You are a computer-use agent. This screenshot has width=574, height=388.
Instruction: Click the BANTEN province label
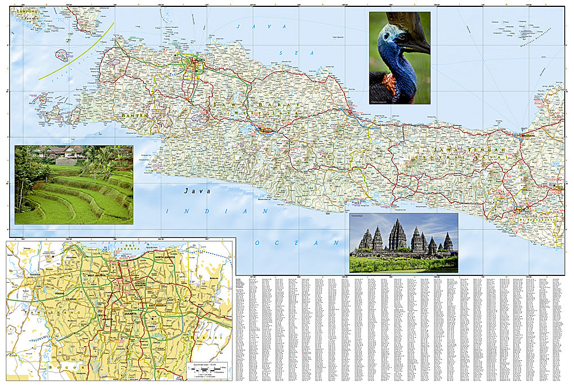(x=135, y=116)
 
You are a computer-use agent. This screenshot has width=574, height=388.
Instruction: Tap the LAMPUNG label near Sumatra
(x=26, y=11)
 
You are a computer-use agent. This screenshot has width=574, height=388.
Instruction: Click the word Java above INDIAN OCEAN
(x=197, y=191)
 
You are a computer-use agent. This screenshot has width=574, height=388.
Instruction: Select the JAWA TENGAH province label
(x=470, y=151)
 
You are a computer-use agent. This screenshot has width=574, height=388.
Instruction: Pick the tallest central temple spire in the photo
(x=397, y=233)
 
